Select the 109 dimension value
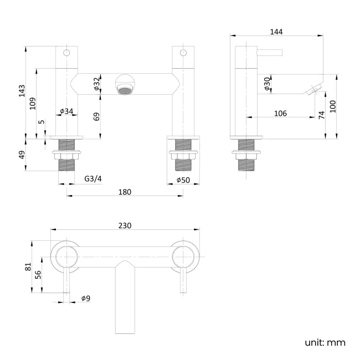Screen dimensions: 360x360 33,102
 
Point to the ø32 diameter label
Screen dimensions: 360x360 96,84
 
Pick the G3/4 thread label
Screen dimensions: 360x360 92,179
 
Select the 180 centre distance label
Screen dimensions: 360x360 125,192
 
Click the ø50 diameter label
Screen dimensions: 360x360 183,179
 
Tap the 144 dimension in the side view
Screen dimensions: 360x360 276,32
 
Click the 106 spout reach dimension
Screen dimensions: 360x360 280,113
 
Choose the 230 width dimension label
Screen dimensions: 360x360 125,225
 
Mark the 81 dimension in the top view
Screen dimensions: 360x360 29,266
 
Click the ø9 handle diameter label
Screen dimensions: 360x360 85,299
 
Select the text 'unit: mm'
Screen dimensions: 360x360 325,342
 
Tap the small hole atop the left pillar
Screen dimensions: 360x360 66,54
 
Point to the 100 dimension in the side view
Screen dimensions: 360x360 332,106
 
